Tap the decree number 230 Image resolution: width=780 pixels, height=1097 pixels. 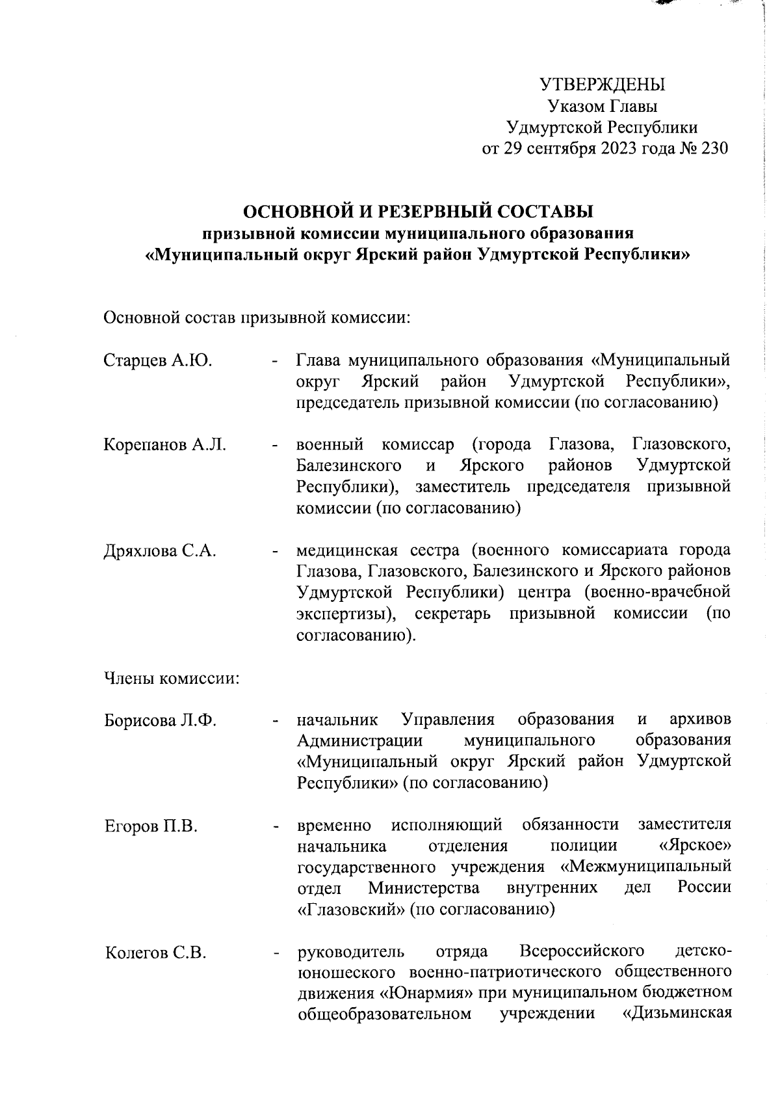(714, 148)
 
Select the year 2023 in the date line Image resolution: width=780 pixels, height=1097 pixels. (625, 148)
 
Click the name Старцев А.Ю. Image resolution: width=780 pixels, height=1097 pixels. (157, 360)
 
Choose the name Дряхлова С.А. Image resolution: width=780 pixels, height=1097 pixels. (160, 550)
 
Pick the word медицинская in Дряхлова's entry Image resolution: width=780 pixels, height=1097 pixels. (346, 550)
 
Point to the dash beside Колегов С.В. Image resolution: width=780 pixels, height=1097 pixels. (277, 954)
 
